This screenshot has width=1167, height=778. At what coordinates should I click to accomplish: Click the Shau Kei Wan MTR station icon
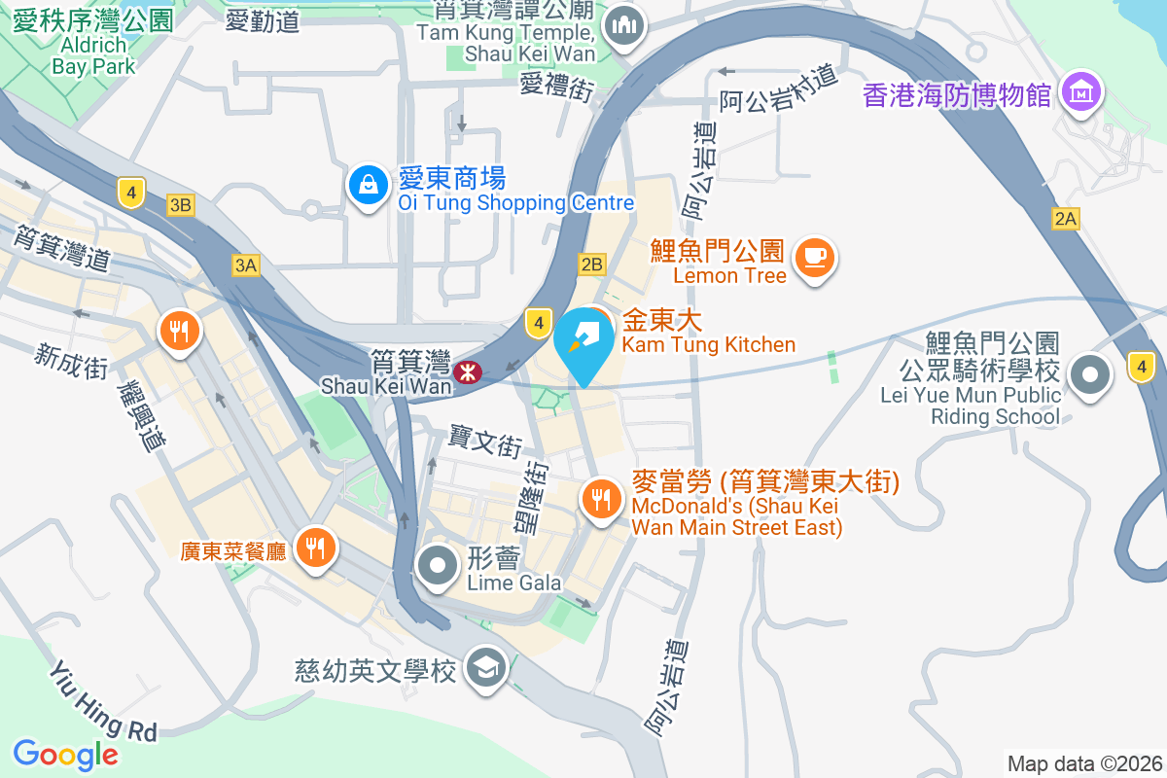[468, 371]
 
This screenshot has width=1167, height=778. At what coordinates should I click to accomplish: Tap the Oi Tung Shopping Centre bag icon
[369, 184]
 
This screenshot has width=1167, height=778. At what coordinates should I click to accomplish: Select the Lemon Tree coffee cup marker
[815, 258]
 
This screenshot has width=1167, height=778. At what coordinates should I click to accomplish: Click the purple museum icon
[1080, 93]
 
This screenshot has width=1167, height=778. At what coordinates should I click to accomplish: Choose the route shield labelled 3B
[181, 205]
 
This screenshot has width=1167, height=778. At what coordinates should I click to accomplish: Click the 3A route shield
[245, 265]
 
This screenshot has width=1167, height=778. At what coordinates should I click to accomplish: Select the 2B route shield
[591, 264]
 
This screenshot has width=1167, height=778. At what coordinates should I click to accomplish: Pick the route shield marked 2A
[1066, 220]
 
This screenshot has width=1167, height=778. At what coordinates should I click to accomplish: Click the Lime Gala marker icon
[438, 565]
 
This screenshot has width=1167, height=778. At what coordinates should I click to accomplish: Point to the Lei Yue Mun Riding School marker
[1090, 375]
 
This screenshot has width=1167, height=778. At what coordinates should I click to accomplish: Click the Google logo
[65, 754]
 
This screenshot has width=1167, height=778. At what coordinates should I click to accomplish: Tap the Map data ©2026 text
[1084, 763]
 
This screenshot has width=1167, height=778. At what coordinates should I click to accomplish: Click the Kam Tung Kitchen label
[708, 344]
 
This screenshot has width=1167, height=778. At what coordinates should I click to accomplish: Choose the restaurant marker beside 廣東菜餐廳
[315, 547]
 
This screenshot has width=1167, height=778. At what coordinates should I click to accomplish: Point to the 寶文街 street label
[485, 442]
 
